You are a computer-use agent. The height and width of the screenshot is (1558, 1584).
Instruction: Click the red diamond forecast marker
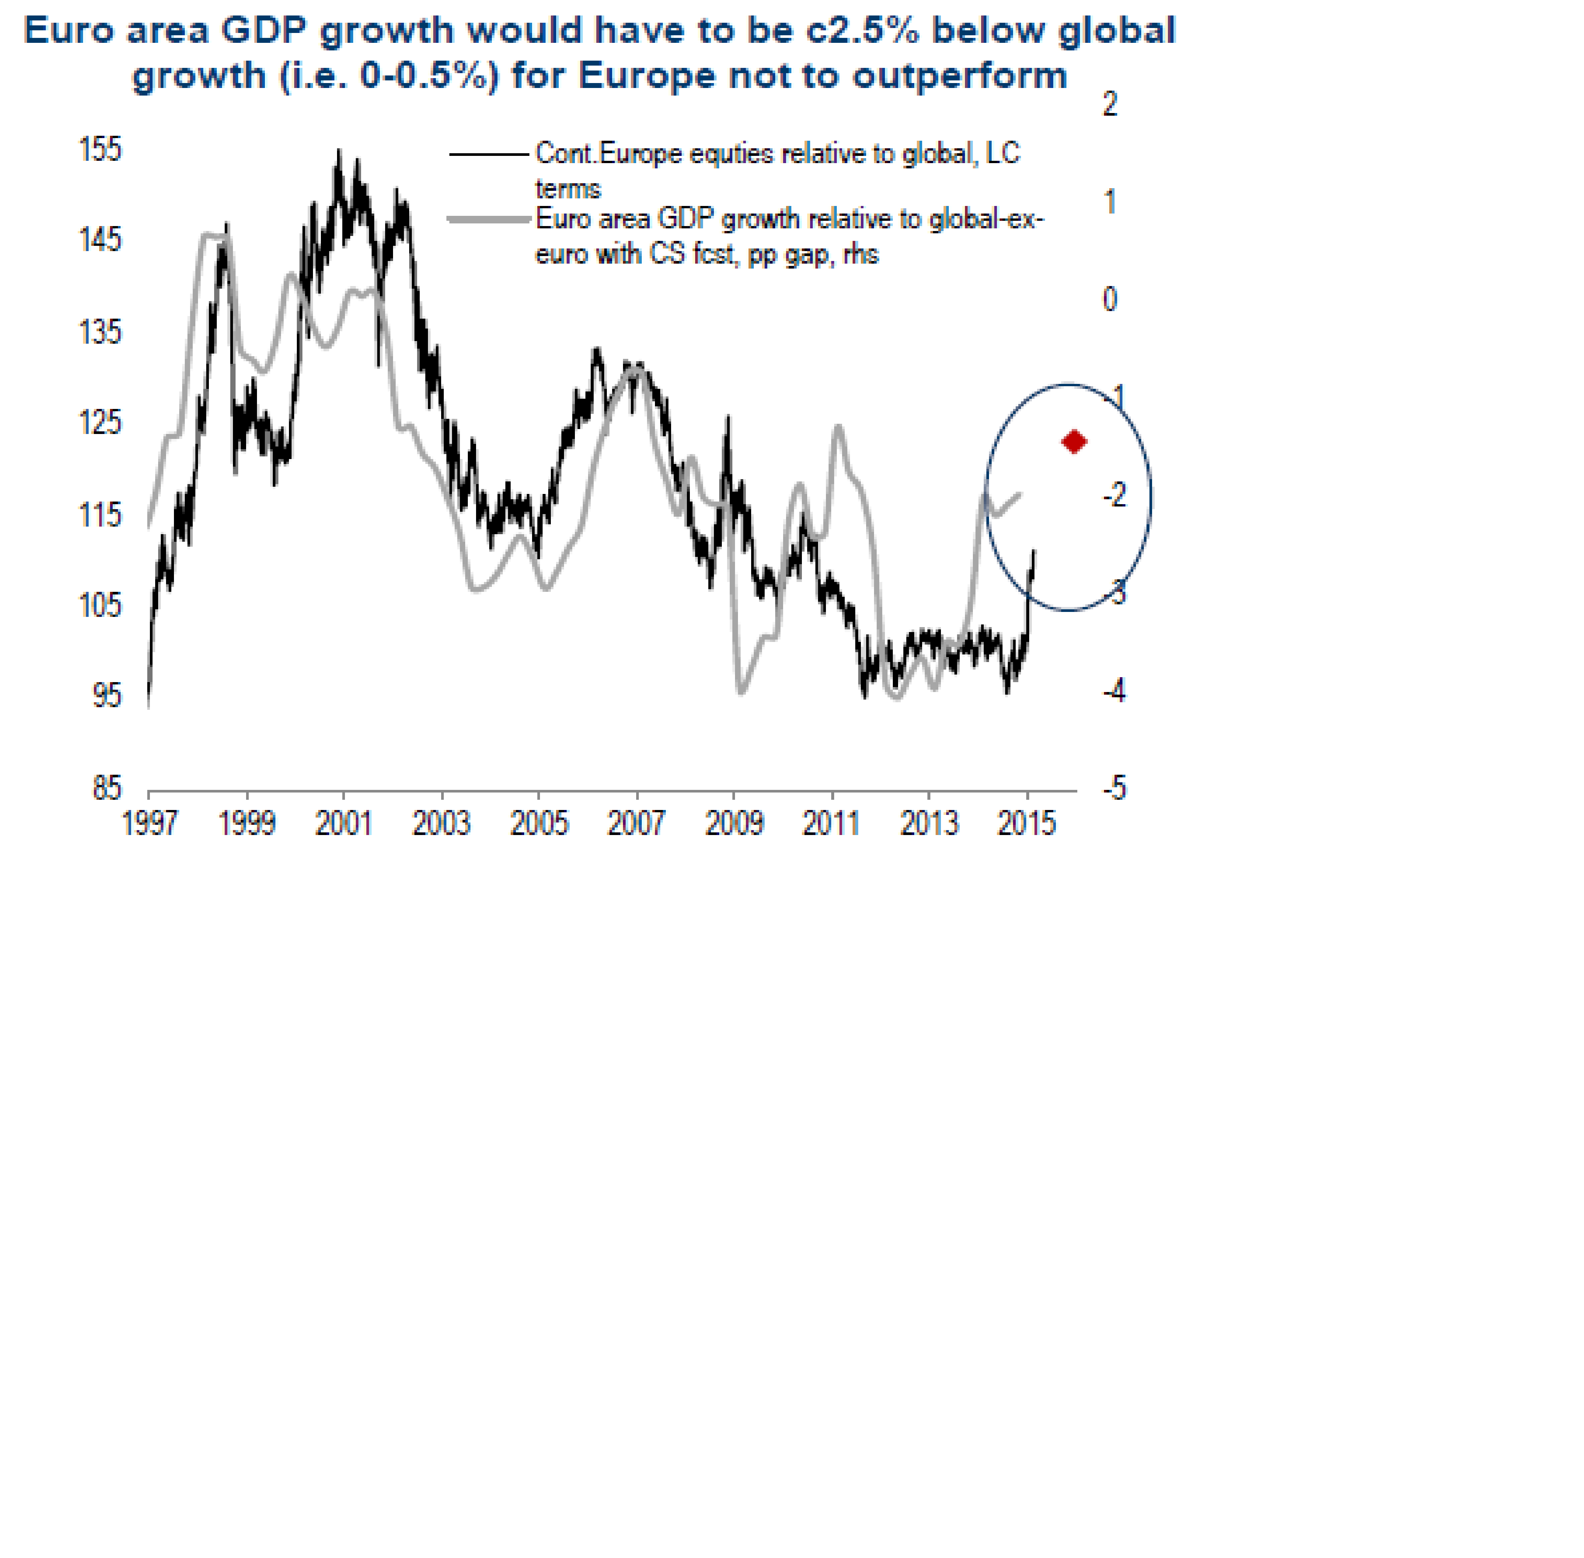click(x=1073, y=442)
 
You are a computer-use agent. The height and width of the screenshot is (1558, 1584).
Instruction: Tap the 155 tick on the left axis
click(x=100, y=150)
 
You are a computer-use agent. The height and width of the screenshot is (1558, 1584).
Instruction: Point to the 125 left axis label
click(x=100, y=423)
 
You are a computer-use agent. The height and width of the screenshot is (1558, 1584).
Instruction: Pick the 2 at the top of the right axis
click(x=1110, y=104)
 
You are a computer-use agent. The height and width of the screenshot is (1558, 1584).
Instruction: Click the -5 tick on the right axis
click(x=1114, y=788)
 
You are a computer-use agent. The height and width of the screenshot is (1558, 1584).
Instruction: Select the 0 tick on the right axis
click(x=1110, y=300)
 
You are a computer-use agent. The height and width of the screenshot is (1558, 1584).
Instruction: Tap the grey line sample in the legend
click(x=489, y=219)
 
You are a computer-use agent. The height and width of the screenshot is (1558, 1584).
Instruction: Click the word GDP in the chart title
click(x=265, y=30)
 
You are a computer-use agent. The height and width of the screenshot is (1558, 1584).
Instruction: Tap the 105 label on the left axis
click(x=100, y=606)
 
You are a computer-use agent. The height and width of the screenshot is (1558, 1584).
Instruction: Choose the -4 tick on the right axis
click(x=1114, y=691)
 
